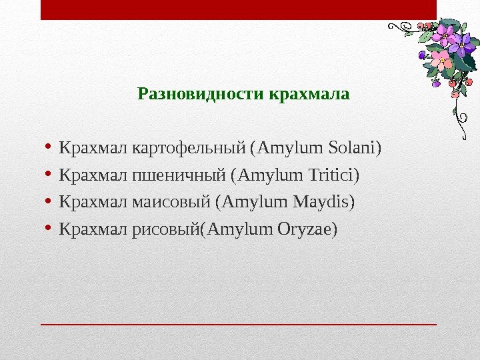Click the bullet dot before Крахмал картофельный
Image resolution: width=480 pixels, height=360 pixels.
(x=48, y=146)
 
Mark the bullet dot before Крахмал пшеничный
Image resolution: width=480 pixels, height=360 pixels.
(x=48, y=174)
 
